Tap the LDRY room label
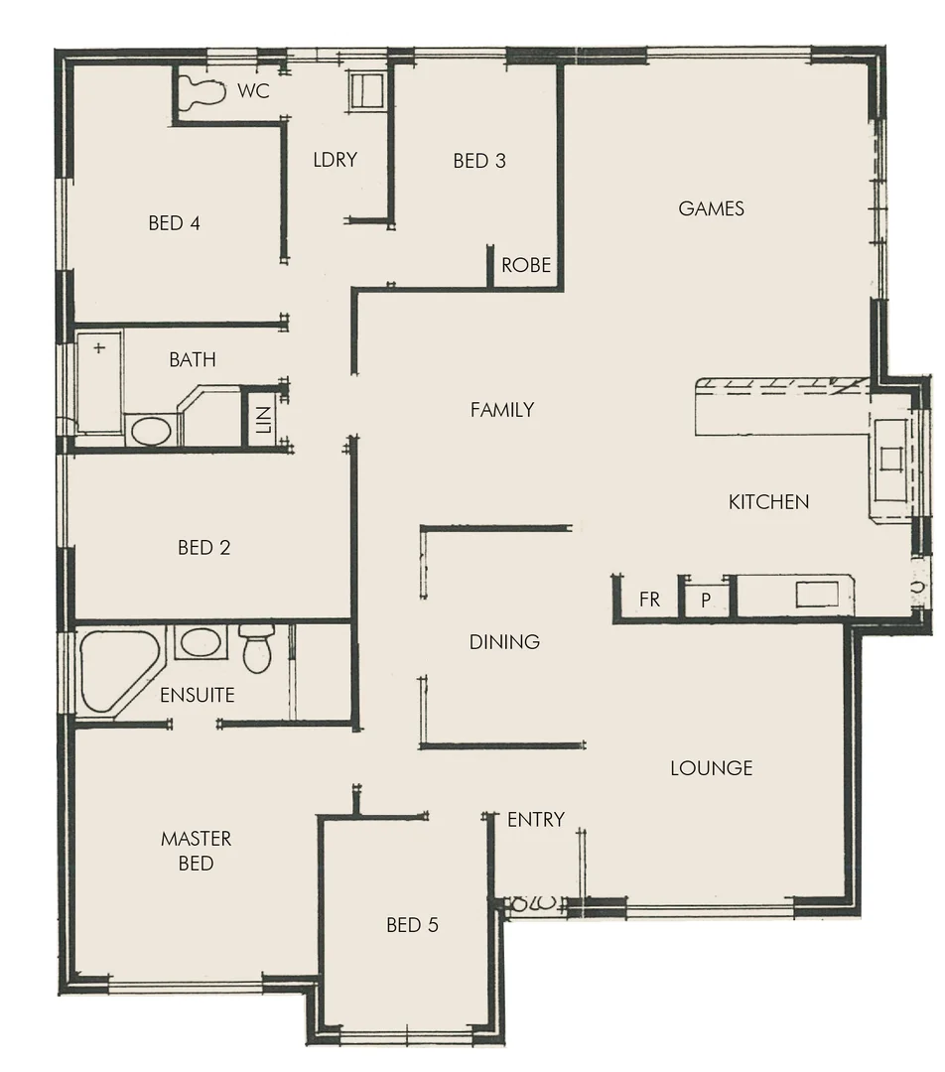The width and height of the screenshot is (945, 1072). pyautogui.click(x=335, y=159)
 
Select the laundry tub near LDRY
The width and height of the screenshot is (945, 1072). pyautogui.click(x=364, y=90)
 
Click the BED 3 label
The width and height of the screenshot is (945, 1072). pyautogui.click(x=479, y=161)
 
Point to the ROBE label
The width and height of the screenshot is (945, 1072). pyautogui.click(x=526, y=265)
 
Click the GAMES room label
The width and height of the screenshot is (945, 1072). pyautogui.click(x=711, y=208)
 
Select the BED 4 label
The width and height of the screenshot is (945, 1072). pyautogui.click(x=174, y=223)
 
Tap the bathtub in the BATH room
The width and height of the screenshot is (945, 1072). pyautogui.click(x=99, y=382)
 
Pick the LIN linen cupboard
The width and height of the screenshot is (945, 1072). pyautogui.click(x=262, y=417)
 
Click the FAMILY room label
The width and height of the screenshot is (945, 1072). pyautogui.click(x=502, y=409)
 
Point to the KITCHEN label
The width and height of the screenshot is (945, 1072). pyautogui.click(x=768, y=502)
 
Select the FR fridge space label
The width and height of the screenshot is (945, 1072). pyautogui.click(x=649, y=600)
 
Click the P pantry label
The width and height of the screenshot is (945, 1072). pyautogui.click(x=706, y=601)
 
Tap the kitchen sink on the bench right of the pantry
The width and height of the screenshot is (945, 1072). pyautogui.click(x=816, y=595)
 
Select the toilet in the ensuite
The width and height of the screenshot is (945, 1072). pyautogui.click(x=257, y=650)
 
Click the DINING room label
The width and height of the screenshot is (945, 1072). pyautogui.click(x=504, y=642)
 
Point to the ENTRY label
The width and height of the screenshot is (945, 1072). pyautogui.click(x=535, y=819)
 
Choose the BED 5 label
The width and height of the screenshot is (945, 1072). pyautogui.click(x=412, y=925)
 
